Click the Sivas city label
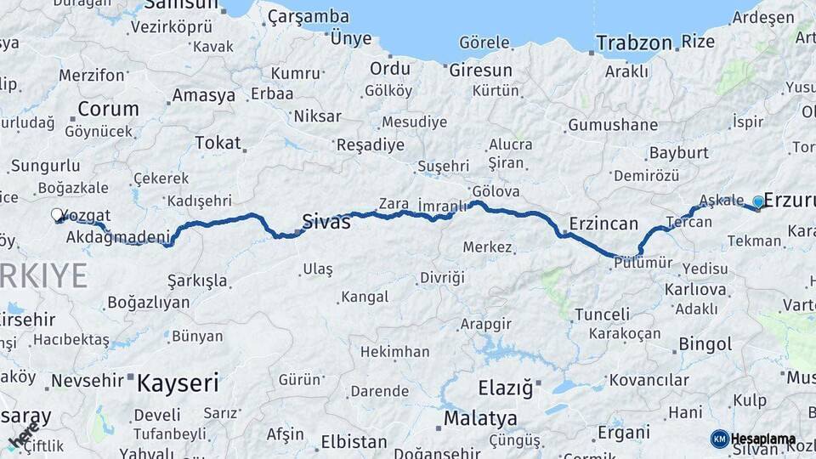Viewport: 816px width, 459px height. tap(326, 223)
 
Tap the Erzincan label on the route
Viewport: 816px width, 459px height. tap(603, 224)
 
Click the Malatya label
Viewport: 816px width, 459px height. tap(480, 418)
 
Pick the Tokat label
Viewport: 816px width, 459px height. tap(218, 143)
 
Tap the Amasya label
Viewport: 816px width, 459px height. tap(203, 95)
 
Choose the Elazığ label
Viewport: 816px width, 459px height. tap(505, 388)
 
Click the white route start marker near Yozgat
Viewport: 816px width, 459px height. tap(57, 215)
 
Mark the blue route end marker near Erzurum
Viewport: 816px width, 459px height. tap(758, 201)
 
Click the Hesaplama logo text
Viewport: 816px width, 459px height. tap(763, 439)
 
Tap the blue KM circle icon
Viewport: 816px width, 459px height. tap(719, 439)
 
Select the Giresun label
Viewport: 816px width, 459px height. tap(480, 70)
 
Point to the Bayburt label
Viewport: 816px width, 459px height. tap(677, 153)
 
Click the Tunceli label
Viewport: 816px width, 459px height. tap(602, 314)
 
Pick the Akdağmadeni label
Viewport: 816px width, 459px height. tap(118, 237)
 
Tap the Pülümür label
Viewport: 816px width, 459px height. tap(642, 263)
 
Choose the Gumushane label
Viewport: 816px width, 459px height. tap(613, 125)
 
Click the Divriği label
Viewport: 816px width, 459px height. tap(443, 278)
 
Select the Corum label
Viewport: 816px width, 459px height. tap(108, 109)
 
